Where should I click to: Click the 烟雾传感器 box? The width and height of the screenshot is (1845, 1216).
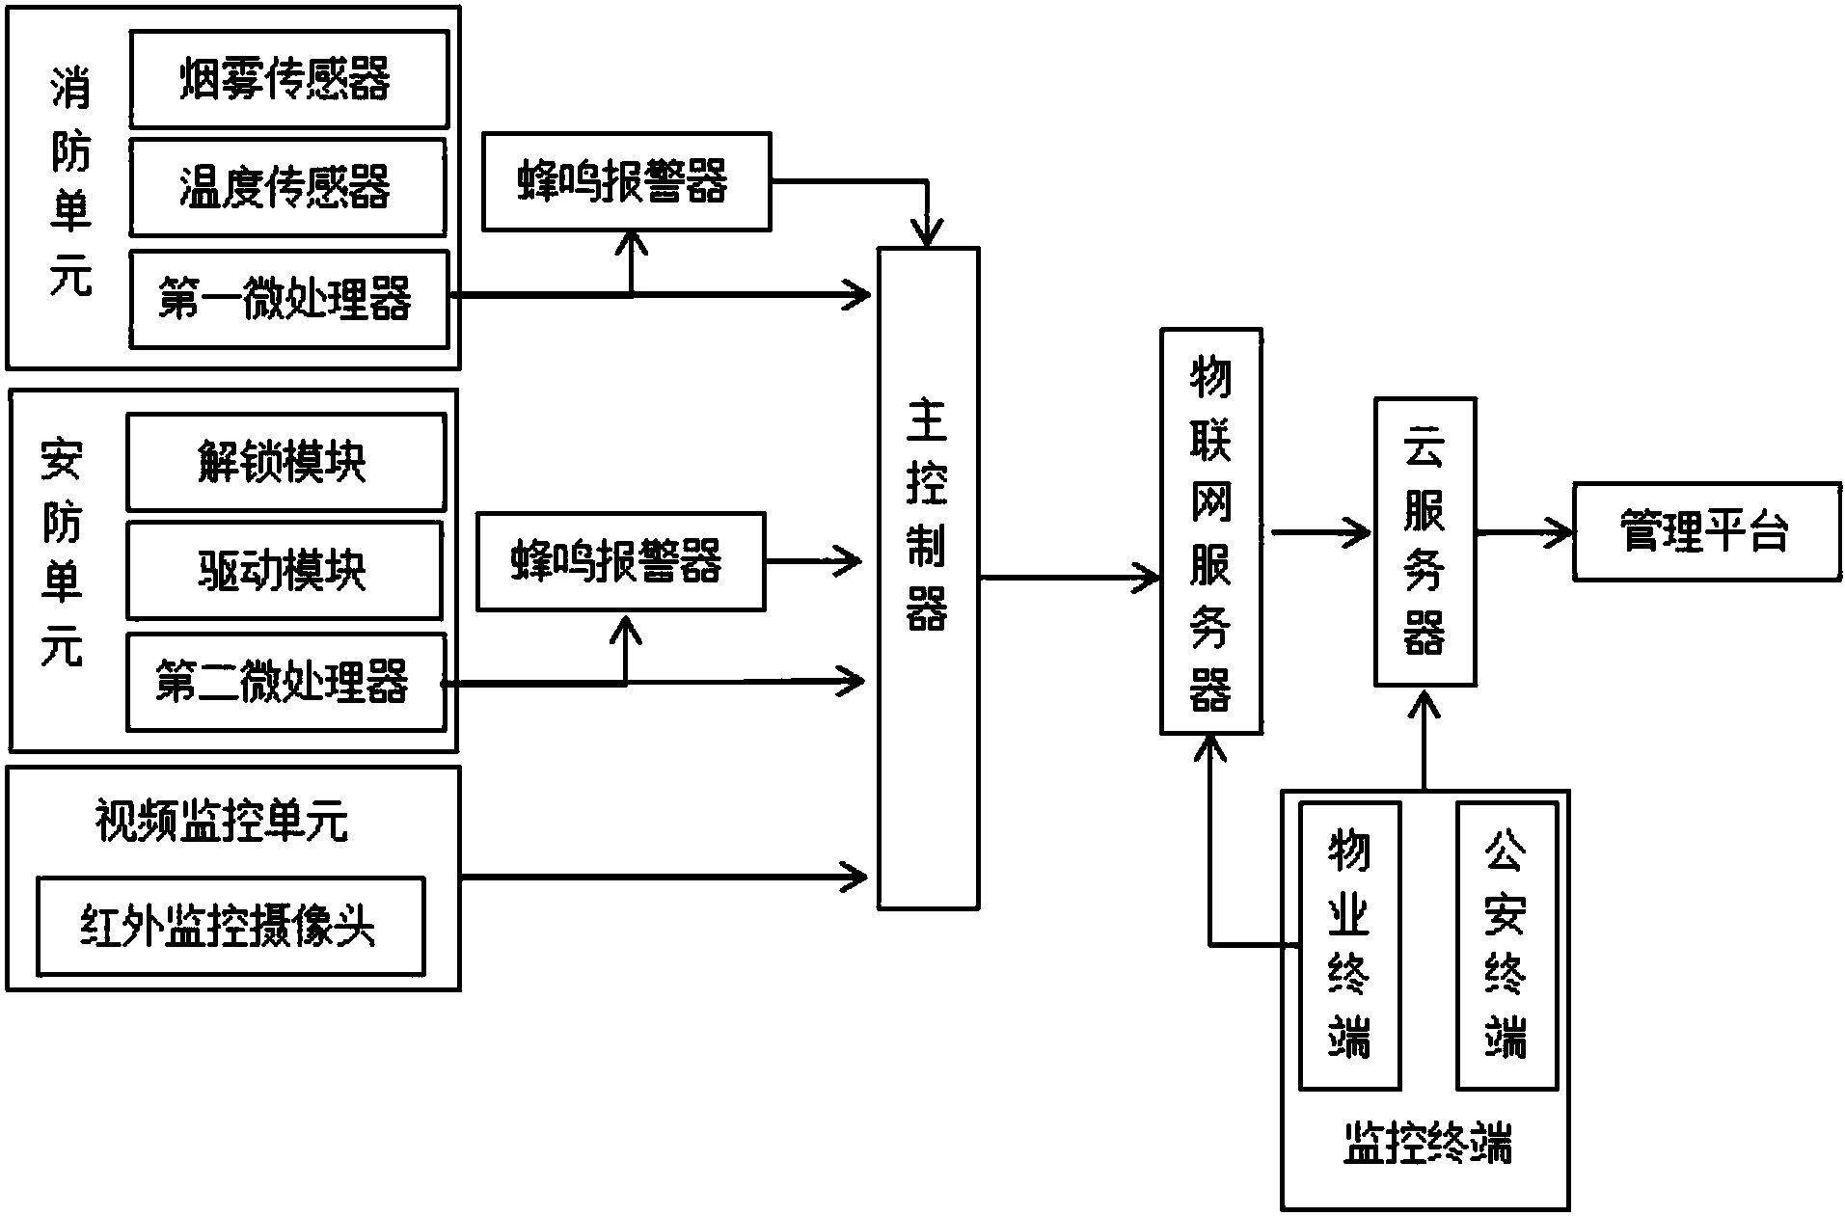pos(288,79)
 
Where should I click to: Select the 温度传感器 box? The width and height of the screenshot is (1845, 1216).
pos(287,187)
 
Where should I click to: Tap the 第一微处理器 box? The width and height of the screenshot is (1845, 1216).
pos(288,299)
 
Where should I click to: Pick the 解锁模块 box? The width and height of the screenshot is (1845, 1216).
pos(285,462)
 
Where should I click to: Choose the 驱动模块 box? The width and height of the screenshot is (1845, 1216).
pos(285,571)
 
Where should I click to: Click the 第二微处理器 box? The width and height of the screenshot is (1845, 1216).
pos(285,682)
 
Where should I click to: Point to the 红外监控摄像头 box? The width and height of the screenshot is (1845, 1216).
pos(231,926)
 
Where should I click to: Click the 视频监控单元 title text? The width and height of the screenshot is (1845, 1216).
pos(222,822)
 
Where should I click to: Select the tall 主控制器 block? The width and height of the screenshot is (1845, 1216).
pos(927,577)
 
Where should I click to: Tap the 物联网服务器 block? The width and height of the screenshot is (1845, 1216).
pos(1210,531)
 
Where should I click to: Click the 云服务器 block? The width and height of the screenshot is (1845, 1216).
pos(1424,541)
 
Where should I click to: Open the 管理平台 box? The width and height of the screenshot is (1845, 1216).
pos(1706,531)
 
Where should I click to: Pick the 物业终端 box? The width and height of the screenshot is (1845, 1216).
pos(1348,945)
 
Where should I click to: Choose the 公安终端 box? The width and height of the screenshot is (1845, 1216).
pos(1506,945)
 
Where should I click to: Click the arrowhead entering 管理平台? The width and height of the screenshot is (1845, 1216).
pos(1560,531)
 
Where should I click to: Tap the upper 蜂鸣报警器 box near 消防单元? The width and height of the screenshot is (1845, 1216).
pos(626,182)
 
